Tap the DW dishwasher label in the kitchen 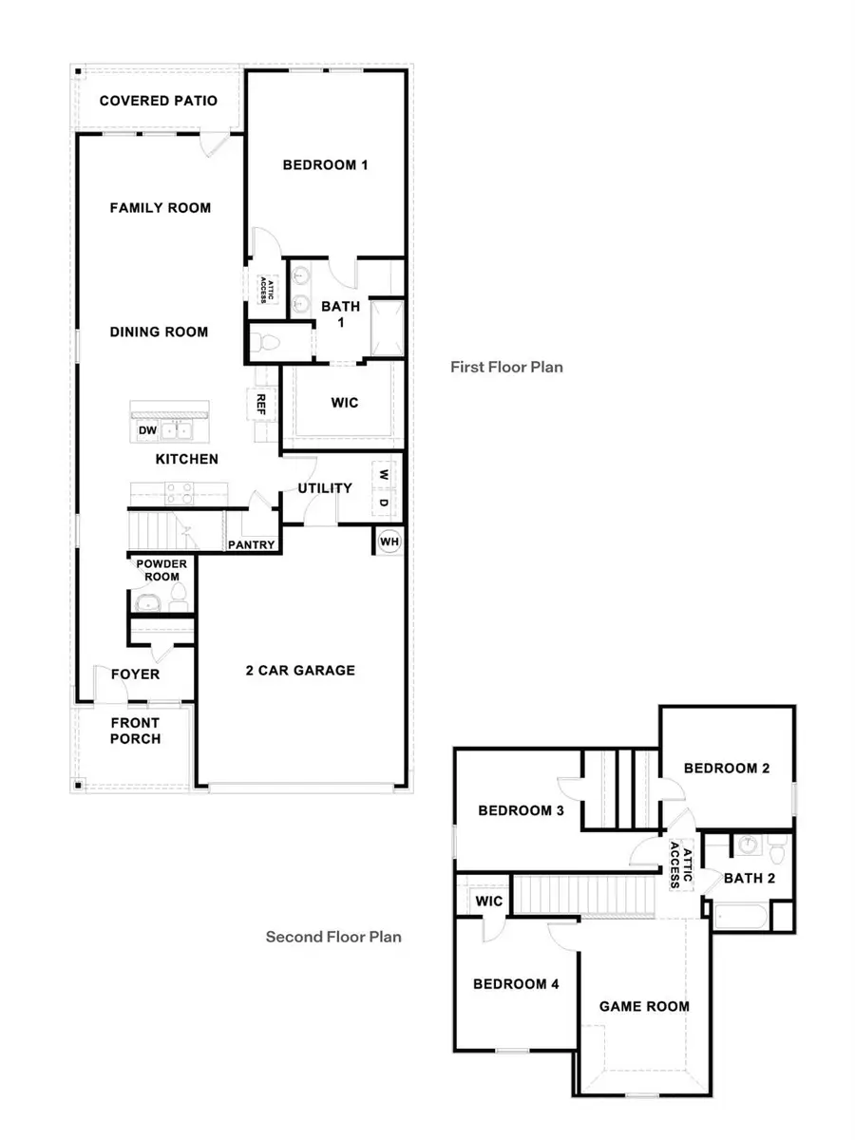pos(148,430)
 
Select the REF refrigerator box pos(261,403)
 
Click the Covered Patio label pos(159,101)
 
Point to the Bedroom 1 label pos(325,164)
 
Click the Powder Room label pos(161,569)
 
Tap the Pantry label pos(251,545)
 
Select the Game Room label pos(644,1006)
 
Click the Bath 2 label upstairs pos(750,878)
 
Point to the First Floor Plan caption pos(506,366)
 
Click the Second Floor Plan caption pos(333,937)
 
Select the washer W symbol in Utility pos(384,473)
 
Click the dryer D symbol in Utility pos(384,502)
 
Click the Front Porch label pos(136,730)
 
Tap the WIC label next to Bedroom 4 pos(489,900)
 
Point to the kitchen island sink pos(176,431)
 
